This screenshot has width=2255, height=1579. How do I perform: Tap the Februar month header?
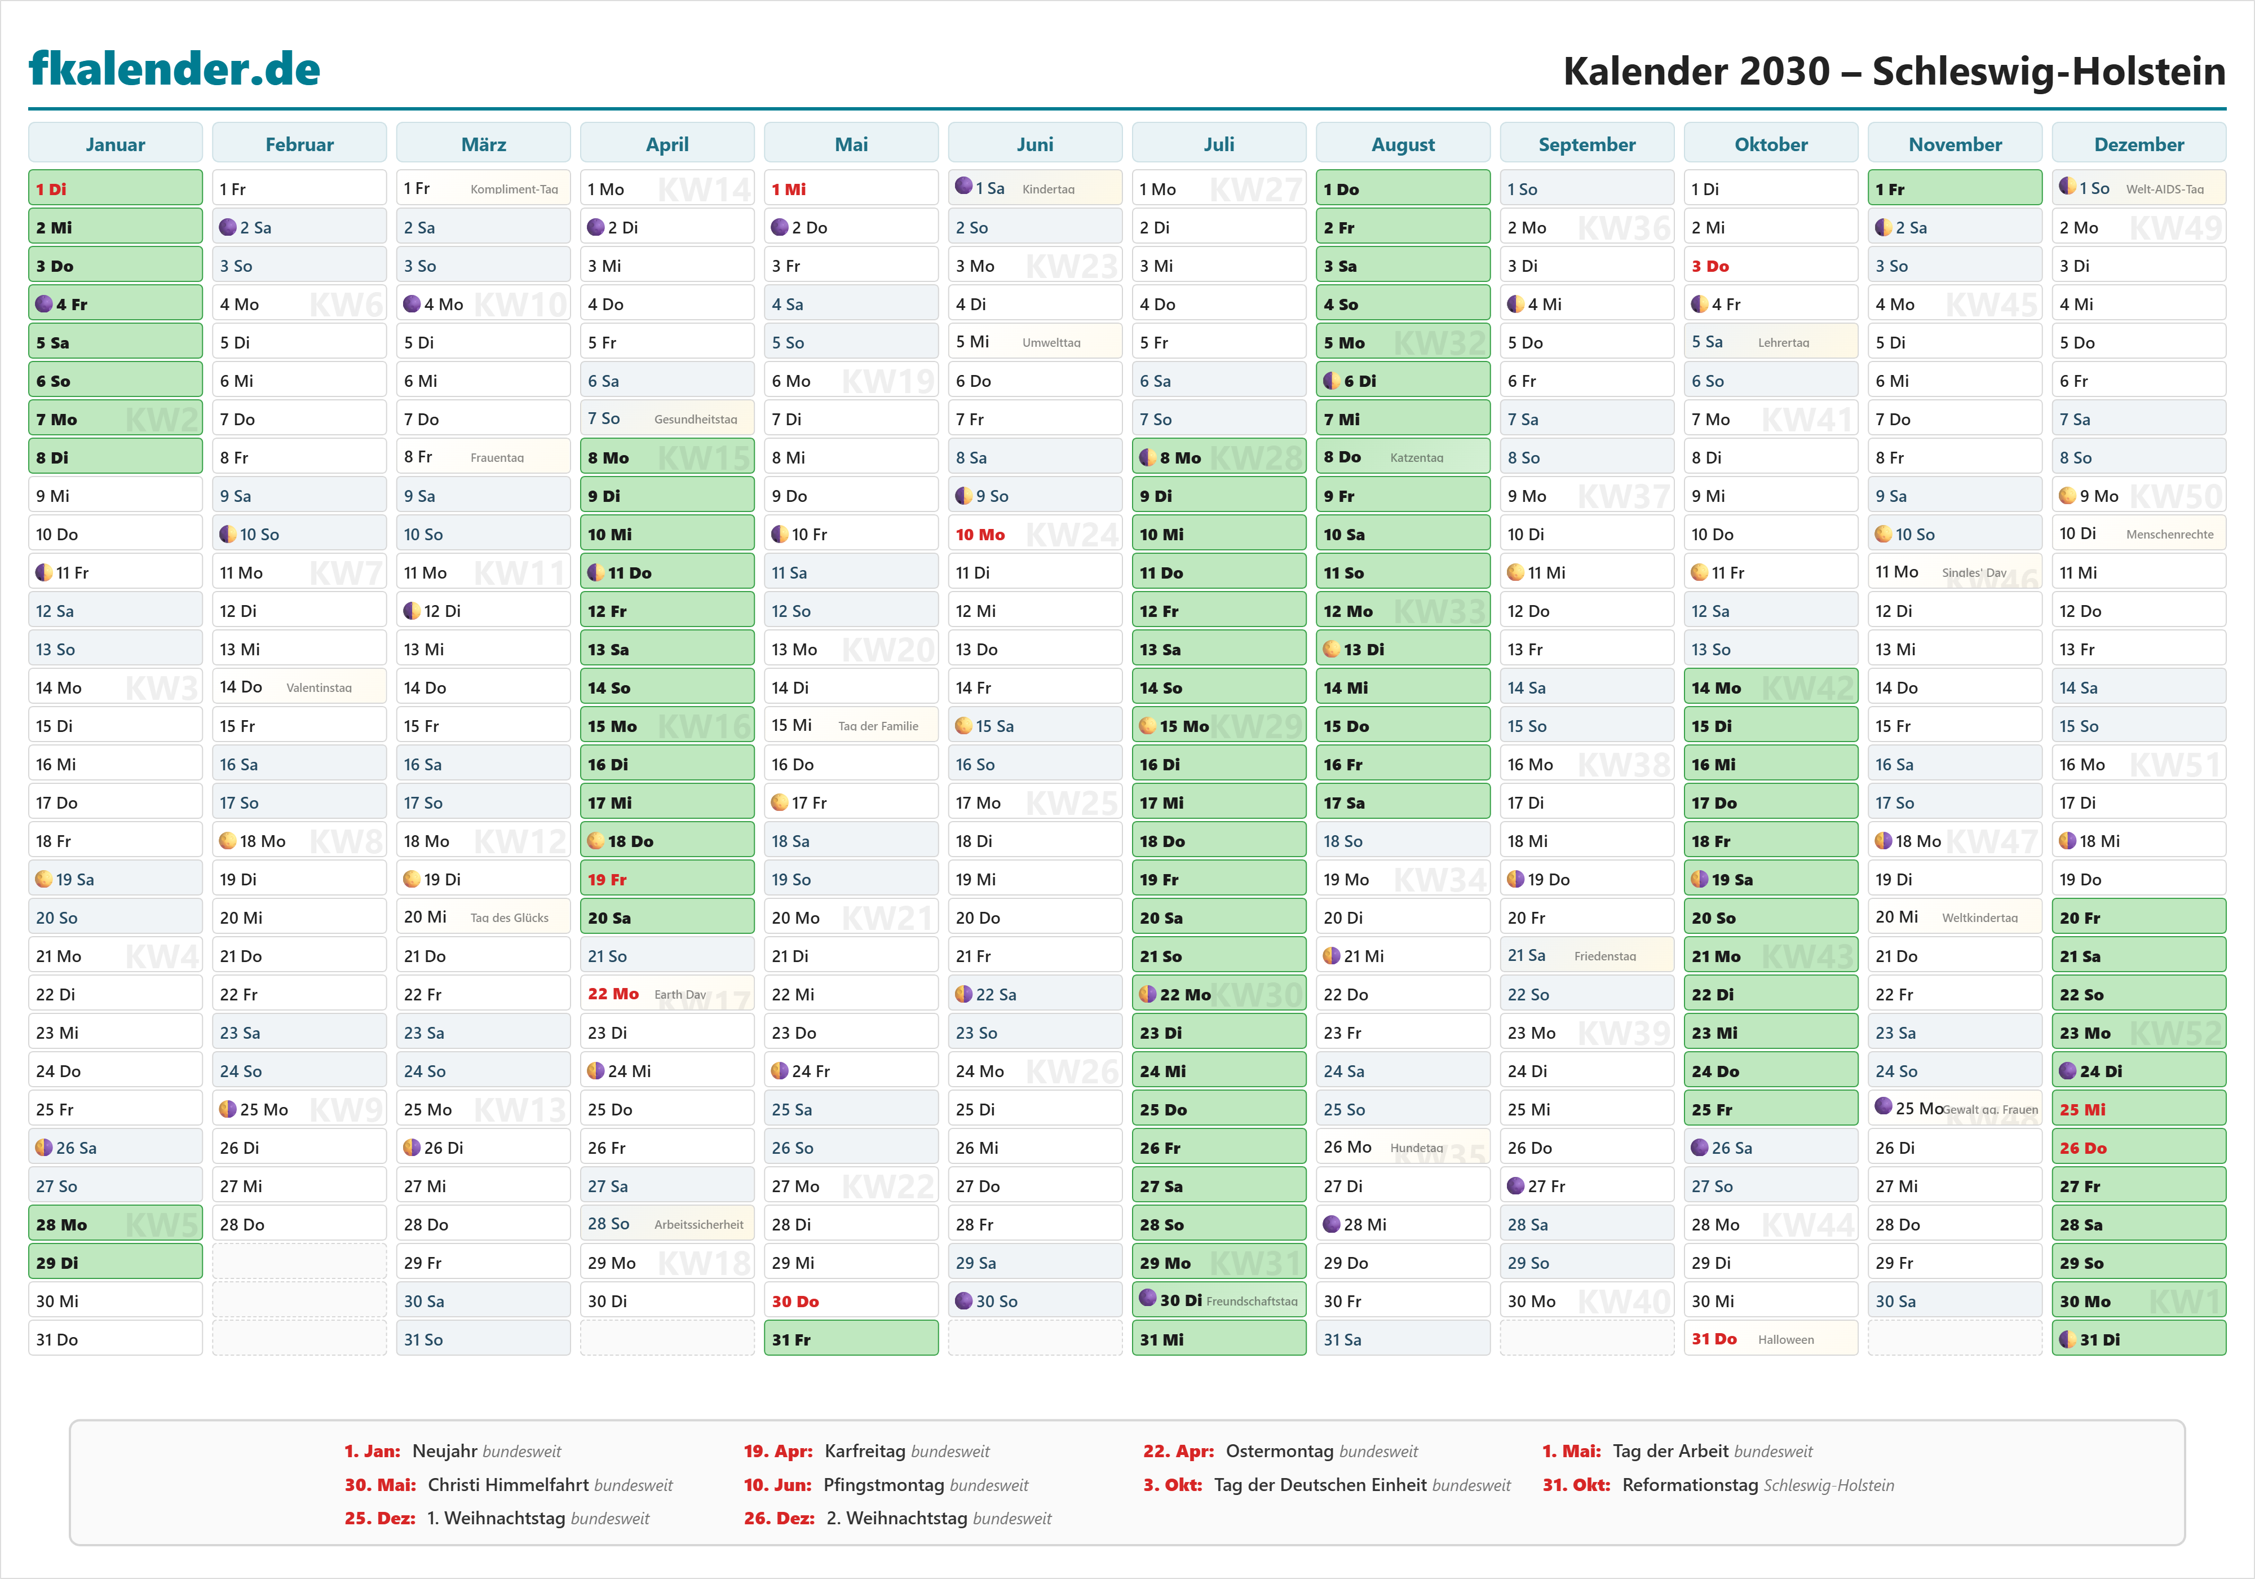[x=299, y=144]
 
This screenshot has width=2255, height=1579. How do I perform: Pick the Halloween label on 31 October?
[x=1785, y=1339]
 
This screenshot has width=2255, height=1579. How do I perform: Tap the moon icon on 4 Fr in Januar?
[x=44, y=303]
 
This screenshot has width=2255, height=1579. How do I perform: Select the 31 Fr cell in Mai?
[x=851, y=1339]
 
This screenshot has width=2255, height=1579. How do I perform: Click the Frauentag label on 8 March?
[x=497, y=458]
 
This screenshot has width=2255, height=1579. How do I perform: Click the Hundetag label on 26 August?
[x=1416, y=1148]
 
